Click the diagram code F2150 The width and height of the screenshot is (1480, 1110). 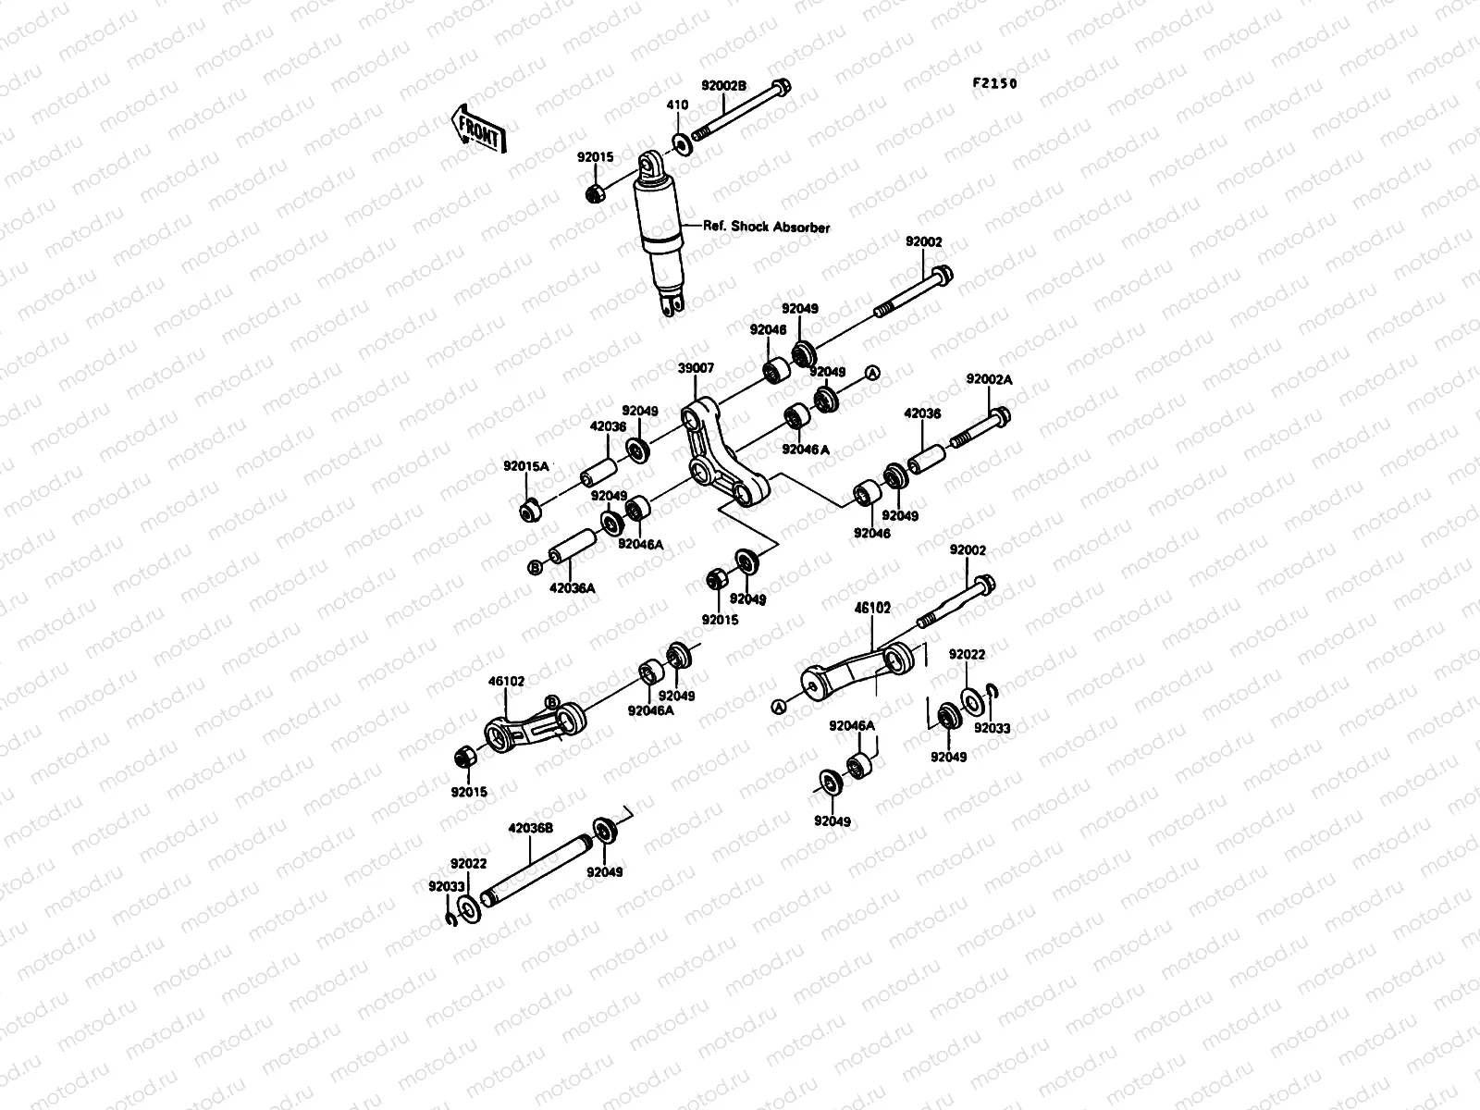click(x=994, y=83)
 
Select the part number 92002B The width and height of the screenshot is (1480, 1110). click(x=722, y=85)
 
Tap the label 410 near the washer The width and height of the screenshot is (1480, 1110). click(x=677, y=105)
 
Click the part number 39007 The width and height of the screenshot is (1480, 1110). click(x=696, y=368)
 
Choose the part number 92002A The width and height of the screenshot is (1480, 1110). click(x=989, y=379)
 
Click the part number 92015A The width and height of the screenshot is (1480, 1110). click(x=525, y=466)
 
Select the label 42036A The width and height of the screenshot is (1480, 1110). click(x=572, y=587)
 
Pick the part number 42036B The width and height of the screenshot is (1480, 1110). click(x=531, y=829)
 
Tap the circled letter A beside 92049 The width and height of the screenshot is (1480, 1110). click(x=870, y=373)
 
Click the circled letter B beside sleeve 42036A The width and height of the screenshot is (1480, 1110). click(x=534, y=568)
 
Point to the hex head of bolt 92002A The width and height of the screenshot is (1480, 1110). click(x=999, y=416)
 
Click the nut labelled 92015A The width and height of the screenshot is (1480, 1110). click(x=530, y=510)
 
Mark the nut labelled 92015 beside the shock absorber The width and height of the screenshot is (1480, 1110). click(x=596, y=193)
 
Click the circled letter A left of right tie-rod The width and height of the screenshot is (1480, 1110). click(x=778, y=707)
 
